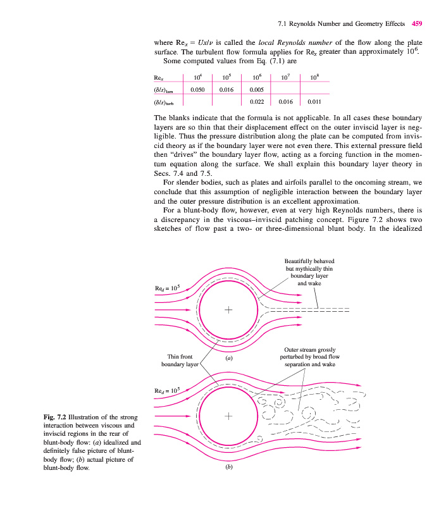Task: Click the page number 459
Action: point(416,25)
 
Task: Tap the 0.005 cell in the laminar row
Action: point(257,90)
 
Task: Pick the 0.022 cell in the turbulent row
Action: point(257,101)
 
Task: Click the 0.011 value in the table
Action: point(314,101)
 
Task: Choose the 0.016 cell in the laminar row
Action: point(226,90)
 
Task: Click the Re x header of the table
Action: point(159,78)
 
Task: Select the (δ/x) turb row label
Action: point(164,102)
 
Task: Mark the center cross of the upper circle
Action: point(228,311)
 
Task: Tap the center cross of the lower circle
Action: point(228,417)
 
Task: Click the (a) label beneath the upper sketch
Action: point(229,358)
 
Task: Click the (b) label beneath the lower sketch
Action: point(228,469)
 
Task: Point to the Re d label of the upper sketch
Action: point(168,288)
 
